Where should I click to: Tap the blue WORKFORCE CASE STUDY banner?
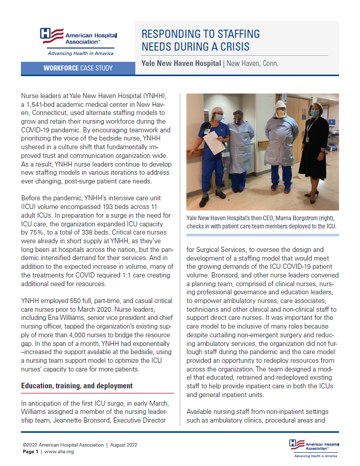click(x=78, y=68)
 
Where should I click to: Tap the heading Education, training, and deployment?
click(x=77, y=386)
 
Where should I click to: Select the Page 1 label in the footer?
click(x=31, y=452)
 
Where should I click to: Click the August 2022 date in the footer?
click(x=128, y=446)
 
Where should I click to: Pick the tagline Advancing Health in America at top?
click(x=80, y=53)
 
